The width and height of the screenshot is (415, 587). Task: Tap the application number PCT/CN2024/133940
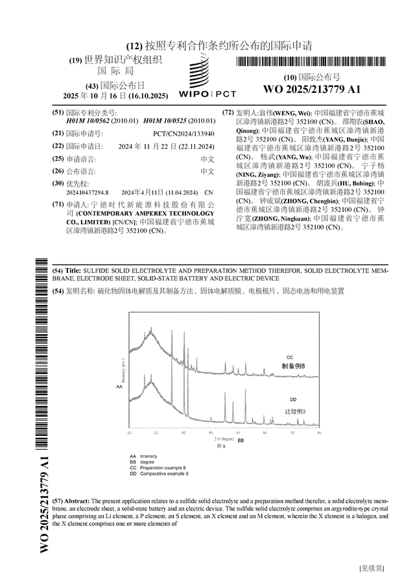(x=180, y=133)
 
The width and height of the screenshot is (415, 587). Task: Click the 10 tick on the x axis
(x=129, y=433)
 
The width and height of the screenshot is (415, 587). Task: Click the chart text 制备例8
(x=298, y=366)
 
